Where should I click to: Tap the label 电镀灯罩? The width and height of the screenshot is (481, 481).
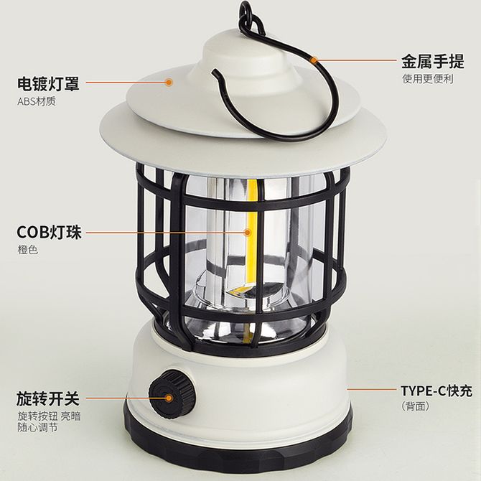[48, 83]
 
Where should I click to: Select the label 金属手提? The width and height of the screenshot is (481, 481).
[433, 61]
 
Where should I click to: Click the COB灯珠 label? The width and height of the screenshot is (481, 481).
[50, 232]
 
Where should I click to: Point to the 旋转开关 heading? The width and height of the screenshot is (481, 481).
[48, 398]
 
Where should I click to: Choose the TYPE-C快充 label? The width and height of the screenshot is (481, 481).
[436, 391]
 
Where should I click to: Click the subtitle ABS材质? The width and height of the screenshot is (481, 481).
[37, 101]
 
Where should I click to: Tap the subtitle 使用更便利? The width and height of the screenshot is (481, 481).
[428, 79]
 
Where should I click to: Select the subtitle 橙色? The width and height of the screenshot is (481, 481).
[27, 250]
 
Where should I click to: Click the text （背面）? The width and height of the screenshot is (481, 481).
[416, 406]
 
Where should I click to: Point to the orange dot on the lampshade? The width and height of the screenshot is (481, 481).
[169, 82]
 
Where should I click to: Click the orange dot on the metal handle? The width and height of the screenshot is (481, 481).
[313, 60]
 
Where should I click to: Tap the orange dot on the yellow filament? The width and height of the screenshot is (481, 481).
[247, 232]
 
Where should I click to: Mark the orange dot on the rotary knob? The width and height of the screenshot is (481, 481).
[169, 398]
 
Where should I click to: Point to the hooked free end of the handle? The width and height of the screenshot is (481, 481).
[215, 74]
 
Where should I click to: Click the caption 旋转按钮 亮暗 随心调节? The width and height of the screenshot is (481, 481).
[49, 422]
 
